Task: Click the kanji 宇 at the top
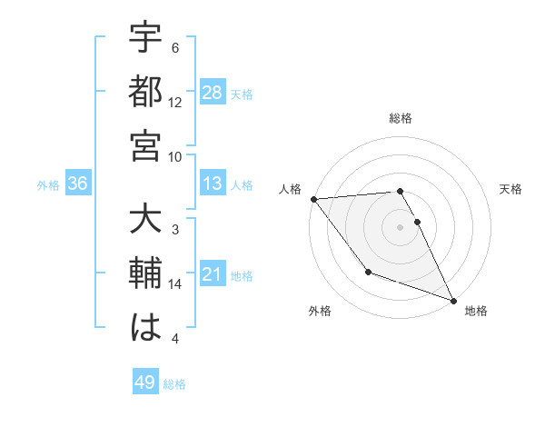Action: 146,41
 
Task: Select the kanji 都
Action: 146,94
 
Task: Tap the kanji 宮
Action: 146,147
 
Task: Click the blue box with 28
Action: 213,93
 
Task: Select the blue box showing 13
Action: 213,184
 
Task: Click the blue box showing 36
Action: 78,184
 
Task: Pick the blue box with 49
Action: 145,382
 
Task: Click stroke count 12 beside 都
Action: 175,102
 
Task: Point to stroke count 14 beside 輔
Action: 175,284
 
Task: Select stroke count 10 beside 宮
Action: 175,155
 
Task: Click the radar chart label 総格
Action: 400,118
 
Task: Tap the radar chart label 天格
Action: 510,189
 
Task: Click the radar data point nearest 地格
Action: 453,300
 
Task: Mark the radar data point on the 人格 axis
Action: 313,198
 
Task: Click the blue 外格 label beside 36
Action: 48,185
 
